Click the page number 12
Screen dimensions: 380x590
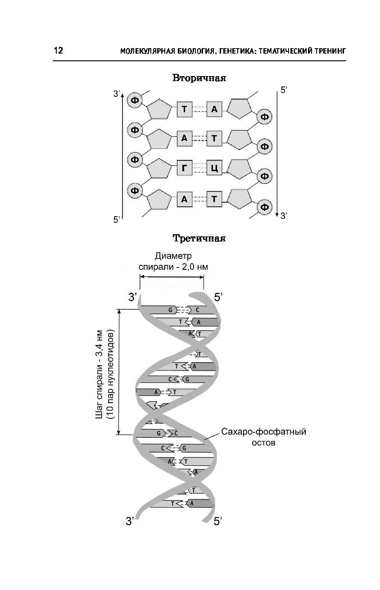tap(59, 50)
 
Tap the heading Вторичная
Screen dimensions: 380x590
tap(199, 78)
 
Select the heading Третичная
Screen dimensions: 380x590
tap(199, 238)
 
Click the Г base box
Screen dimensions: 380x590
tap(184, 168)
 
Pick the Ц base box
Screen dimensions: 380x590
tap(214, 168)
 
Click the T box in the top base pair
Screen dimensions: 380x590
tap(184, 109)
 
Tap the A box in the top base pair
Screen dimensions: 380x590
tap(214, 109)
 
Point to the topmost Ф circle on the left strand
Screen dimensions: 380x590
tap(135, 100)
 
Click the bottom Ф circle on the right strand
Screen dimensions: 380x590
tap(265, 207)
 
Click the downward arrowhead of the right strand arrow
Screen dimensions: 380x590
tap(277, 214)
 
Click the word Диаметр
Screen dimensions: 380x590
tap(173, 256)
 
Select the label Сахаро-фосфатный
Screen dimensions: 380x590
tap(263, 432)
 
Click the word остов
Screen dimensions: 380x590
tap(263, 443)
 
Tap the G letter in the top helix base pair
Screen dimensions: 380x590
tap(170, 310)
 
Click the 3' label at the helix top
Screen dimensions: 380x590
tap(132, 298)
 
